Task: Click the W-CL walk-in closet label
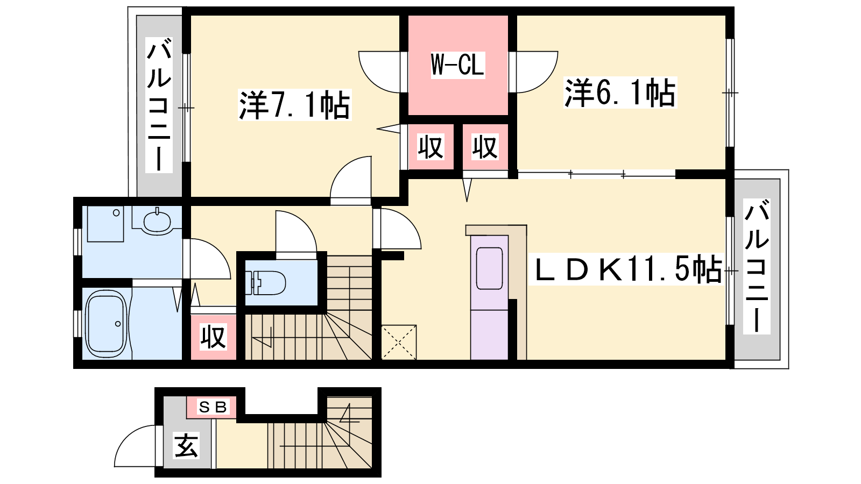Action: pos(457,65)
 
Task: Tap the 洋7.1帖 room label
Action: pos(294,105)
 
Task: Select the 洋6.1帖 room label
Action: pos(620,92)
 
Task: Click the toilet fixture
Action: pos(265,283)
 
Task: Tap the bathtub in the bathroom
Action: pos(105,324)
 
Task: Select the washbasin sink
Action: pos(157,222)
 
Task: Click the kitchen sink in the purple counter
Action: pos(489,268)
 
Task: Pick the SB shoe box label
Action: pos(213,407)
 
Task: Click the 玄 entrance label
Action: pos(186,445)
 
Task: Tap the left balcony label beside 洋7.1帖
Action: pos(159,105)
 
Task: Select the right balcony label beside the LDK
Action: pos(757,266)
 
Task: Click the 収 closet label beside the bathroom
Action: pos(214,337)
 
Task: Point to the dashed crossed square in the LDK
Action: pos(399,342)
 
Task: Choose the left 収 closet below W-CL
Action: pos(431,147)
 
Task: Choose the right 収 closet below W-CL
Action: pos(485,147)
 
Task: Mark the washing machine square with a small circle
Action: pos(105,224)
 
